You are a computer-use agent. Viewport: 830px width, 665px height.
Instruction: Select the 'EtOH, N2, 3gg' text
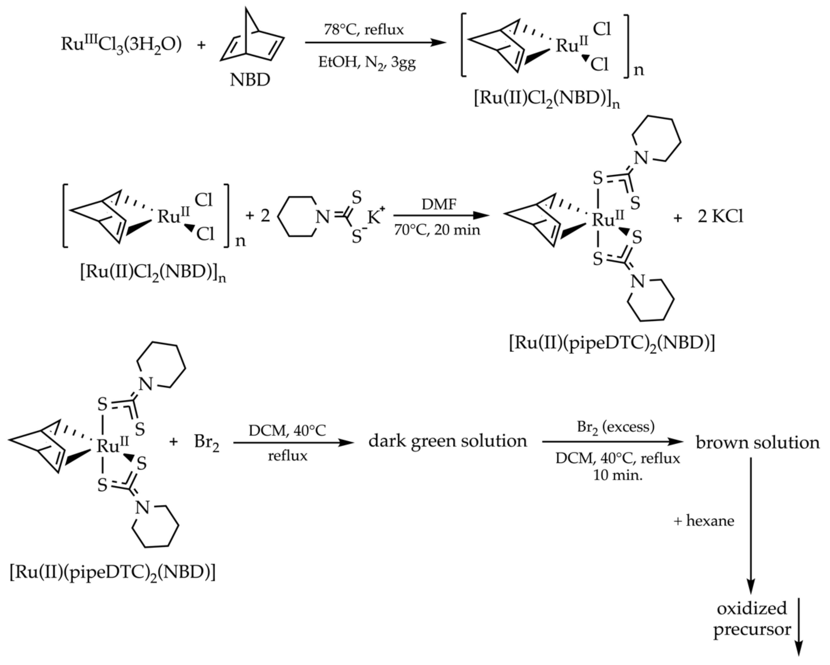[367, 62]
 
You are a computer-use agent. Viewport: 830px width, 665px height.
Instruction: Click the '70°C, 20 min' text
[437, 230]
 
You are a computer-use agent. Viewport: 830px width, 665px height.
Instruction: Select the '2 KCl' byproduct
[720, 217]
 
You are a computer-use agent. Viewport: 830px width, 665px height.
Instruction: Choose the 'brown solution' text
[757, 443]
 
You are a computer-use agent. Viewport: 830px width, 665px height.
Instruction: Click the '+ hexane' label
[704, 521]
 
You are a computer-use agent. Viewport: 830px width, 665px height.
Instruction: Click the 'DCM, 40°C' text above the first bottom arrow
[287, 430]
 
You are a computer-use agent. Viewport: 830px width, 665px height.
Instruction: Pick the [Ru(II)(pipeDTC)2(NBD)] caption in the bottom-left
[113, 573]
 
